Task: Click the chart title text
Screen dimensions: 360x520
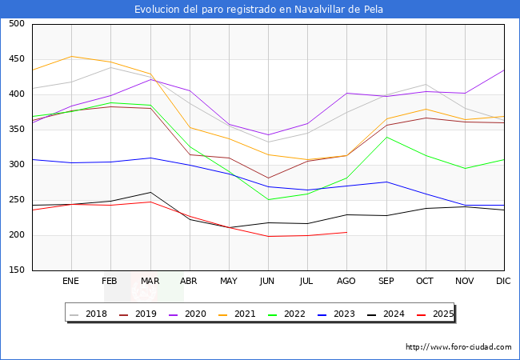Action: point(259,10)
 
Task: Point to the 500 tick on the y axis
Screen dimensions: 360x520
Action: point(16,24)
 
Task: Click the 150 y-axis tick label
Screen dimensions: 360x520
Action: point(16,270)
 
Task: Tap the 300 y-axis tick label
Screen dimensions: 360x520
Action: point(16,165)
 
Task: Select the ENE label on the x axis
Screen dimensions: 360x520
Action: point(70,281)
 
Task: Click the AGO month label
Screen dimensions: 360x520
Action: point(346,281)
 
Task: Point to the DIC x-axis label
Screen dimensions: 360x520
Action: point(503,281)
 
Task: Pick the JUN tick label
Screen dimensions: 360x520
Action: point(268,281)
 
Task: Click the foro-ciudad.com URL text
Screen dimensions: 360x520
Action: point(458,347)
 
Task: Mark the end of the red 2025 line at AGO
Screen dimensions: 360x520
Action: point(346,232)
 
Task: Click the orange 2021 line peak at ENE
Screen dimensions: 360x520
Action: point(71,56)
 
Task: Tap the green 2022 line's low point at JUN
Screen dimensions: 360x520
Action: point(268,200)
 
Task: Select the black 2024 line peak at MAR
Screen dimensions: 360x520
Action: point(150,192)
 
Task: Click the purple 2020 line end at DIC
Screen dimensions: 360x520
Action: point(504,70)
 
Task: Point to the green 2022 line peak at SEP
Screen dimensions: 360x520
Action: point(386,137)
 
